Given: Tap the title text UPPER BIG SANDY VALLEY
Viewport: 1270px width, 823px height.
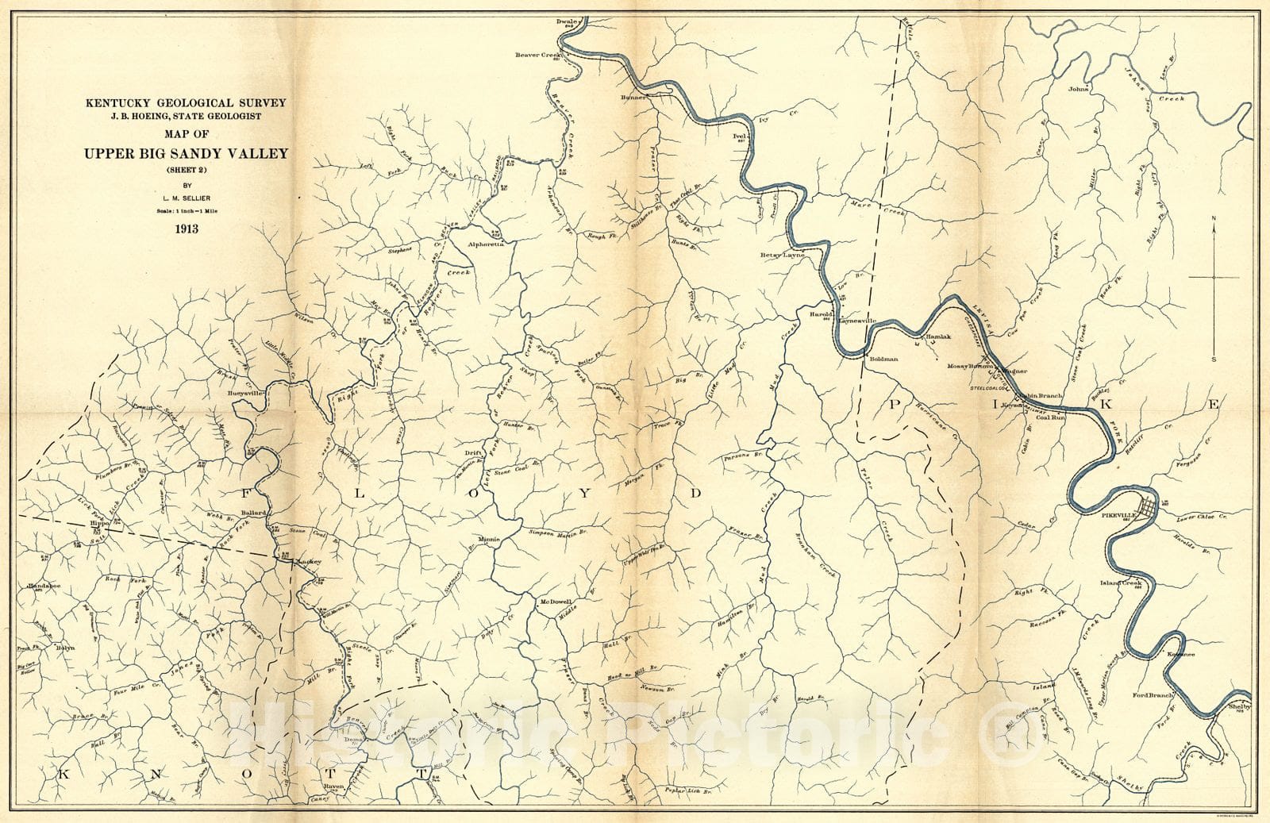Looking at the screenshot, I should tap(187, 154).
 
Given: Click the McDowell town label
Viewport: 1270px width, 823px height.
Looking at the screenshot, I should tap(556, 602).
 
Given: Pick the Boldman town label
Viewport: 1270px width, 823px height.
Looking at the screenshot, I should tap(883, 359).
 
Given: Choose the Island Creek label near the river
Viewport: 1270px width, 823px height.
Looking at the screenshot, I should tap(1119, 583).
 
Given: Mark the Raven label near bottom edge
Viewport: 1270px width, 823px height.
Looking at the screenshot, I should tap(333, 787).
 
